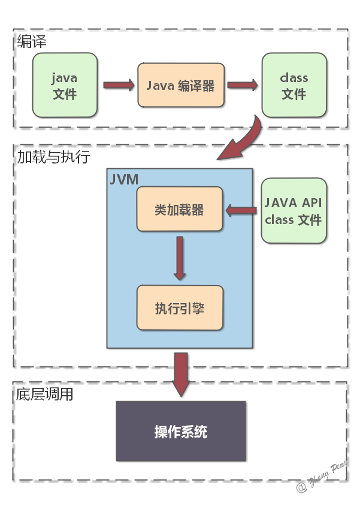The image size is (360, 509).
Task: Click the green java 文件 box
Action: [65, 85]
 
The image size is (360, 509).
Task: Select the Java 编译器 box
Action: [180, 85]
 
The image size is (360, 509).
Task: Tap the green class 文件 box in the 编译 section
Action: [294, 85]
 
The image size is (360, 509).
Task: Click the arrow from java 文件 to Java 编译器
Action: [119, 85]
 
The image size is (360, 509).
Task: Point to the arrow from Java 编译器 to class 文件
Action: [242, 85]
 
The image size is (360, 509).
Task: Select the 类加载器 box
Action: [180, 210]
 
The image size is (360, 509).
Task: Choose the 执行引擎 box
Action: [180, 308]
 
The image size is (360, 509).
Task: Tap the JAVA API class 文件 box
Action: [294, 210]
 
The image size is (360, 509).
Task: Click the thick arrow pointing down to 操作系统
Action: [180, 373]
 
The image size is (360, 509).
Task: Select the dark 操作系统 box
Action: [181, 431]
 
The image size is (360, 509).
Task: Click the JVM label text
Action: [125, 179]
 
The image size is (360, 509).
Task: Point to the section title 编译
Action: [32, 41]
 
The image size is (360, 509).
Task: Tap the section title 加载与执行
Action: [53, 157]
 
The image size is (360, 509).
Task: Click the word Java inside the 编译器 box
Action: [160, 85]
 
